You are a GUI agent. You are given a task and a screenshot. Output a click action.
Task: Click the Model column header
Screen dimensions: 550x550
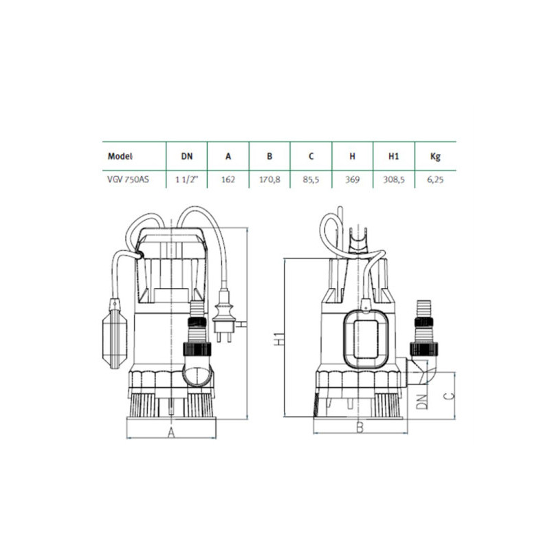[x=120, y=156]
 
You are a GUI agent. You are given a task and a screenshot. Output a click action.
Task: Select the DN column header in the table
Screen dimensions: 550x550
[x=186, y=156]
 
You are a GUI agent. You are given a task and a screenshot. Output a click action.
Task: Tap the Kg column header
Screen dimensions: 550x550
[x=435, y=157]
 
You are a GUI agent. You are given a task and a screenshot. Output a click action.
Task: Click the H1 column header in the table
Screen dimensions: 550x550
[x=393, y=156]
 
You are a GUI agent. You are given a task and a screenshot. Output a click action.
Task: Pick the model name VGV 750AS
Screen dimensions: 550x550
[x=128, y=179]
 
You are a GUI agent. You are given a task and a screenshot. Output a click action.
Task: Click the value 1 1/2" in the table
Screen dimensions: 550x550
[x=186, y=179]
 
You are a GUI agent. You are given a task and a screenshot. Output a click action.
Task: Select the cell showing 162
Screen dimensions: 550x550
[x=228, y=179]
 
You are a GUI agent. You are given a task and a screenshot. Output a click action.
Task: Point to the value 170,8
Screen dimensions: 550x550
[x=269, y=179]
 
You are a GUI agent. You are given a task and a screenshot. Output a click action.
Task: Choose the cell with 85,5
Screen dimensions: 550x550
[x=311, y=179]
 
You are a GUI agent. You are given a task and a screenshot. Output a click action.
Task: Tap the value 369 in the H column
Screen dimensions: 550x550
[x=352, y=179]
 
